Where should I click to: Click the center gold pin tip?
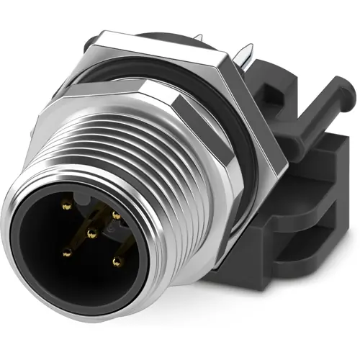point(91,232)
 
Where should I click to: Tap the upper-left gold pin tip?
point(66,206)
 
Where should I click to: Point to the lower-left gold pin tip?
point(67,252)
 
